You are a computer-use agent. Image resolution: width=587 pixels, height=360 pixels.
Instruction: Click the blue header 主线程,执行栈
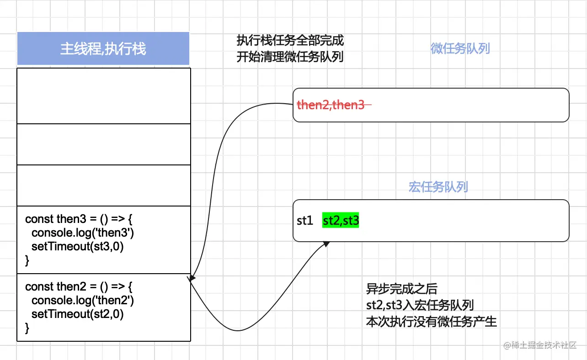click(x=103, y=49)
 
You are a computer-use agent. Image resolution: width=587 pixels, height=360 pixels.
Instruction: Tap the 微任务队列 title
click(x=460, y=49)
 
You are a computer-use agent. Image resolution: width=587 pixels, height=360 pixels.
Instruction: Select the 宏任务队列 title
click(x=438, y=187)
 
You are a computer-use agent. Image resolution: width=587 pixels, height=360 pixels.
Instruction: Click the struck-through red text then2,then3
click(x=331, y=105)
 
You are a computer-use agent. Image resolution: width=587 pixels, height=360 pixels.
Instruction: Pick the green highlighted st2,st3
click(x=341, y=221)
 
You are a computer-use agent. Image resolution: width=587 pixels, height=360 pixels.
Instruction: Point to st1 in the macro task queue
click(x=304, y=221)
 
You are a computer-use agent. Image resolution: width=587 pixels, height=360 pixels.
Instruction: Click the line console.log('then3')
click(x=82, y=233)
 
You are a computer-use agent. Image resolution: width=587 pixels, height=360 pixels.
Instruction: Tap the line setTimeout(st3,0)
click(x=78, y=247)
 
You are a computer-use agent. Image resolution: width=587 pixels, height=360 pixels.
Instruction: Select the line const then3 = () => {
click(x=79, y=219)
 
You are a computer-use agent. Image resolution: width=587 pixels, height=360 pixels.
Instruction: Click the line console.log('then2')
click(x=82, y=301)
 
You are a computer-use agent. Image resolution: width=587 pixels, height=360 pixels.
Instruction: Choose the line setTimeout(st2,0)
click(x=78, y=314)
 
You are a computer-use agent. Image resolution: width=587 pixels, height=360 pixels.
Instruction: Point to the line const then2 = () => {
click(x=79, y=286)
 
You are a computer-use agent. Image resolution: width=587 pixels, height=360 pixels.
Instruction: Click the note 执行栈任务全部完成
click(x=290, y=41)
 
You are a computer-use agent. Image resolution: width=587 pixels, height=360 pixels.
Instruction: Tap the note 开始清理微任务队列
click(x=290, y=58)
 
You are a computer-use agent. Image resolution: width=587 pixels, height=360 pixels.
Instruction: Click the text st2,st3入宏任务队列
click(x=419, y=305)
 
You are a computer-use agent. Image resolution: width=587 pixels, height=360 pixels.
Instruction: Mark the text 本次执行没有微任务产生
click(x=431, y=322)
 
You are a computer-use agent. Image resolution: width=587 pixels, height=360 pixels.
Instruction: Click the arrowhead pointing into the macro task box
click(x=326, y=244)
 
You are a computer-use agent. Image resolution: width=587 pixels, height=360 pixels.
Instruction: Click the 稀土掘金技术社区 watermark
click(x=540, y=345)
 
